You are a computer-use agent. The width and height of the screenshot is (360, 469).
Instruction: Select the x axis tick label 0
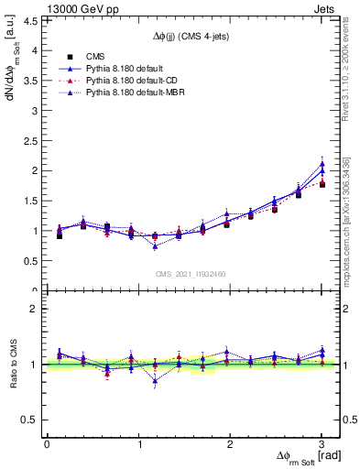click(x=47, y=444)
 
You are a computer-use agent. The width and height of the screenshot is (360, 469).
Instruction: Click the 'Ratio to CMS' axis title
click(x=12, y=365)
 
